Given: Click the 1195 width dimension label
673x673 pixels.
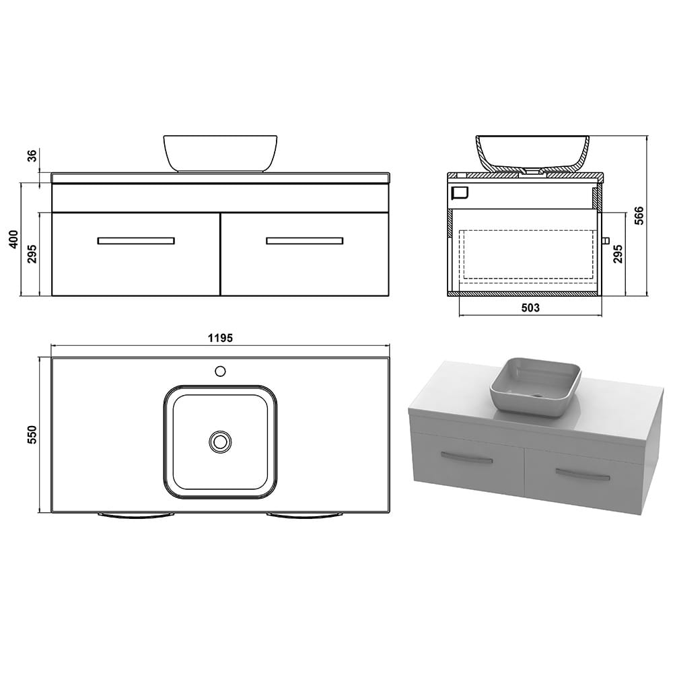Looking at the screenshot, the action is [220, 338].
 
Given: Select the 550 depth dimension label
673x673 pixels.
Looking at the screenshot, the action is [32, 434].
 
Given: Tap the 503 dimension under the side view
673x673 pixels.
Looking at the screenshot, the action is [530, 308].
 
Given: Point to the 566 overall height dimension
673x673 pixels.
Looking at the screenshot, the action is [639, 216].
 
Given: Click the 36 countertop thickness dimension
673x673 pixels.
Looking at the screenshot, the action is [32, 156].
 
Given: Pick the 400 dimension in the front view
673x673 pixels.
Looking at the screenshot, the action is [13, 239].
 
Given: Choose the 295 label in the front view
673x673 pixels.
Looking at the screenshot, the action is [32, 254].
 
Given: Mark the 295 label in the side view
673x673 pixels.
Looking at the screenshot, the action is [617, 254].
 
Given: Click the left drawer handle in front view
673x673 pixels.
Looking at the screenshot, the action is [136, 240].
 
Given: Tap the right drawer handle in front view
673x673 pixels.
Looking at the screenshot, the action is [305, 240].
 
